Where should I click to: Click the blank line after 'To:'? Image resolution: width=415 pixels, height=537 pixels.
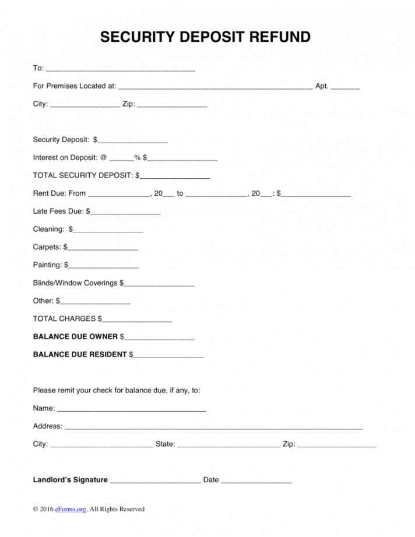pos(120,69)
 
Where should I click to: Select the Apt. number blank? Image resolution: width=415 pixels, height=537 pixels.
pos(345,87)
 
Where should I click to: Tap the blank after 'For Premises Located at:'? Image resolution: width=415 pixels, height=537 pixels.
pos(215,87)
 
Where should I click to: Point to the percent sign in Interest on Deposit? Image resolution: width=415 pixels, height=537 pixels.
pos(138,157)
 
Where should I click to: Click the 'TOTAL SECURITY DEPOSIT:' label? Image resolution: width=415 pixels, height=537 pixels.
pos(83,175)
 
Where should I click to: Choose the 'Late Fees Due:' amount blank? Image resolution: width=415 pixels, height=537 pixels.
pos(125,212)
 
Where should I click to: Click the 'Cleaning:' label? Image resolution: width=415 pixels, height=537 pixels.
pos(48,229)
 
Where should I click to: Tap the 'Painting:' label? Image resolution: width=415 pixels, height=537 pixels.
pos(47,266)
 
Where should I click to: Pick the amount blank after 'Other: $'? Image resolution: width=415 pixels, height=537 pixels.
pos(95,302)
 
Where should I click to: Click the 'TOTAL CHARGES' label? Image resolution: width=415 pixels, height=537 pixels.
pos(64,319)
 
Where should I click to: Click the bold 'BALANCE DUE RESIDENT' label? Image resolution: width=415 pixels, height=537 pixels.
pos(80,355)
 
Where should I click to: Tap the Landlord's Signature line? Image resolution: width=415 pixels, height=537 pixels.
pos(155,481)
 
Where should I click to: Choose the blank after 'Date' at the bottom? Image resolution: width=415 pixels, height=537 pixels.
pos(256,481)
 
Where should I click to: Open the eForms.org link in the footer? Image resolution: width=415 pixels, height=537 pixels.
pos(71,510)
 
